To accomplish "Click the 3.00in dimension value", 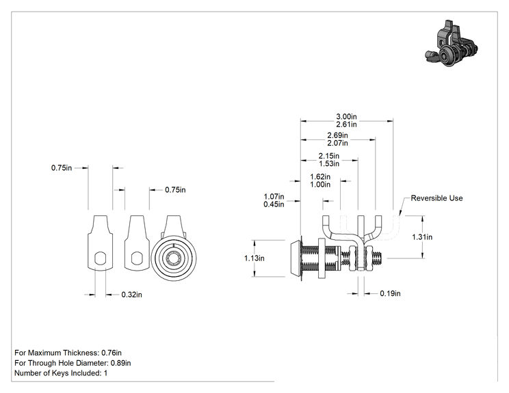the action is tap(346, 116).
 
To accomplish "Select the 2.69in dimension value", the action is tap(337, 135).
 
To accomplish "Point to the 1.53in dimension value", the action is tap(329, 164).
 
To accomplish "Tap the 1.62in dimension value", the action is tap(320, 177).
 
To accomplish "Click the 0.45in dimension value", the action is tap(274, 204).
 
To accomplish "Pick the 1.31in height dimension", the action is tap(422, 237).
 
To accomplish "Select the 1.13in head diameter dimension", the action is tap(254, 258).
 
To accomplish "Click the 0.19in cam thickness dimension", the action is tap(390, 293).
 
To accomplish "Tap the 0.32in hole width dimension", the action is tap(131, 295).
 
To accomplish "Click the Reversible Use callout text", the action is tap(436, 198).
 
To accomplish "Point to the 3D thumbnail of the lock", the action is tap(452, 44).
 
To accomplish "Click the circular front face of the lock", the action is tap(174, 258).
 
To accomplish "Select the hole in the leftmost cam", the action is tap(101, 258).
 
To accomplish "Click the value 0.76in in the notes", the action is tap(112, 353).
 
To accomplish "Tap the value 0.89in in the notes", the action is tap(121, 363).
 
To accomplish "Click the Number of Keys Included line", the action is tap(61, 373).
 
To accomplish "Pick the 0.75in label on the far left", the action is tap(62, 168).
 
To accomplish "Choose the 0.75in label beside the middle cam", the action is tap(175, 190).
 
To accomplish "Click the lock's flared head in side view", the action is tap(296, 258).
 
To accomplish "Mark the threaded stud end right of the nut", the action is tap(379, 258).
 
